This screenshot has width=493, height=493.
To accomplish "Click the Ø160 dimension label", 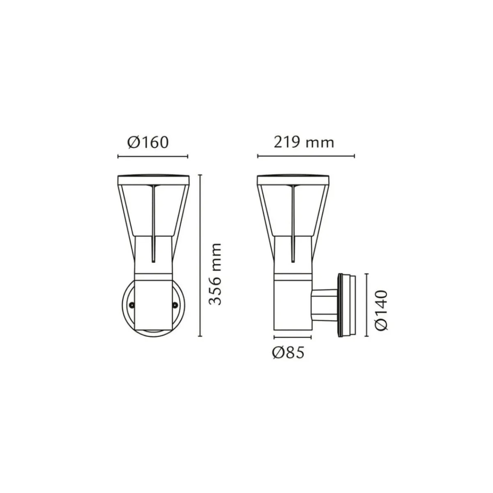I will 148,143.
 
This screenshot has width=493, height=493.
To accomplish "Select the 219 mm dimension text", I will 304,143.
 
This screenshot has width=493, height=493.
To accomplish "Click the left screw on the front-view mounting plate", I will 132,305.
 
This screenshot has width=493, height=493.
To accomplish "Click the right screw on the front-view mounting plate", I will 175,305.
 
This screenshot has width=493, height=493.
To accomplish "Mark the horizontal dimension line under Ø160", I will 152,157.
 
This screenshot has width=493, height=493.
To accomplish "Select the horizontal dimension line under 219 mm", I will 306,157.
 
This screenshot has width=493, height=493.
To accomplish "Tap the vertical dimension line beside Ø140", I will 366,304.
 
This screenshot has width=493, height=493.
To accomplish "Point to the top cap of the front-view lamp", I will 153,180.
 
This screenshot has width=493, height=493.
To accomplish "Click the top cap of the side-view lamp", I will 293,180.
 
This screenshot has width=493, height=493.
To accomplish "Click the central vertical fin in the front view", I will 153,222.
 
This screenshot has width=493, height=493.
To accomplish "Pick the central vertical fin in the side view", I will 293,222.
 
